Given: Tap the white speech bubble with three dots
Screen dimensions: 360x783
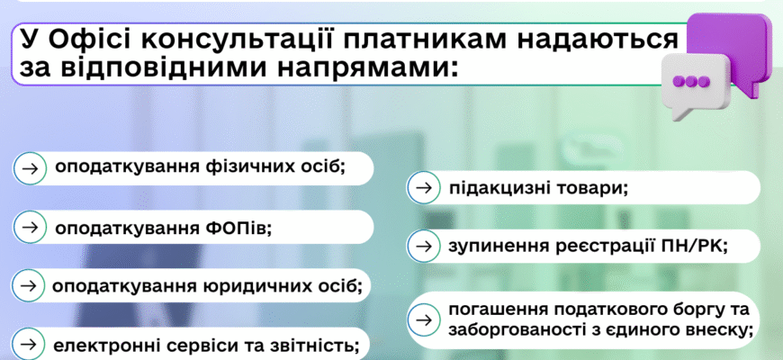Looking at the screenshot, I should coord(691,82).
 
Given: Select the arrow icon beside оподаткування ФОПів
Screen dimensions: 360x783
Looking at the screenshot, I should coord(30,228).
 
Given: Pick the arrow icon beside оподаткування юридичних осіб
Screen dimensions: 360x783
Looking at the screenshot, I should coord(29,285).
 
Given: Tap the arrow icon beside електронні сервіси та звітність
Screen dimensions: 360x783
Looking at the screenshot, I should coord(30,344).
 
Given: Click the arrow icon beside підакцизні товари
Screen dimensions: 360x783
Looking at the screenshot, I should coord(422,189).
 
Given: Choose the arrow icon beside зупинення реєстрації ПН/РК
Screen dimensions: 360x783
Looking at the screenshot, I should coord(422,244).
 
